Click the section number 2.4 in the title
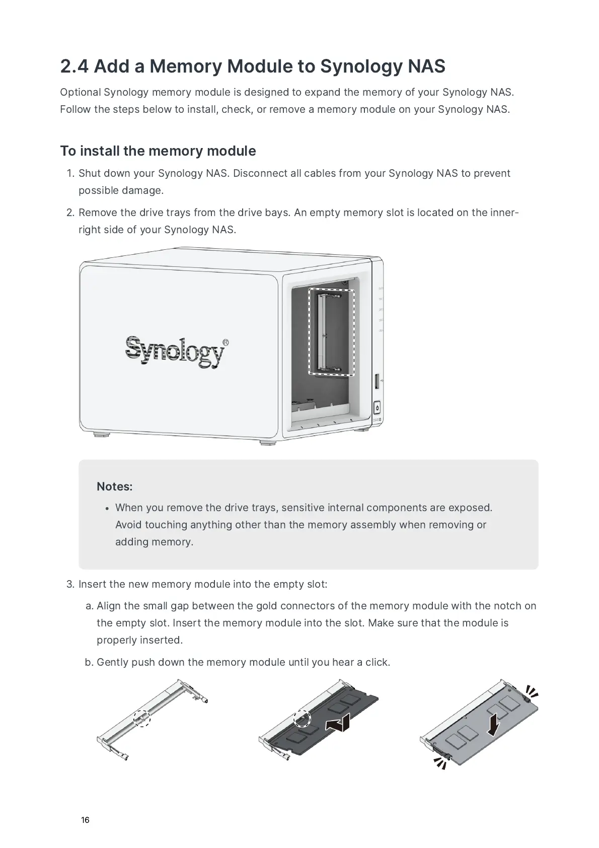click(74, 66)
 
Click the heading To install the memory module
click(158, 151)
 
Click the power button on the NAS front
click(377, 408)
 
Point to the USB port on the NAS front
click(376, 381)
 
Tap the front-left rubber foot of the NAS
click(102, 433)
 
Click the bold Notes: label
click(115, 486)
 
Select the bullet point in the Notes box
click(107, 509)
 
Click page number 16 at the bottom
click(85, 820)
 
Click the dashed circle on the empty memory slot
click(142, 718)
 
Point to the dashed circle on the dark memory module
click(302, 719)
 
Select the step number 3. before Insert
click(70, 584)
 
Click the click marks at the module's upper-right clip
click(531, 691)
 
